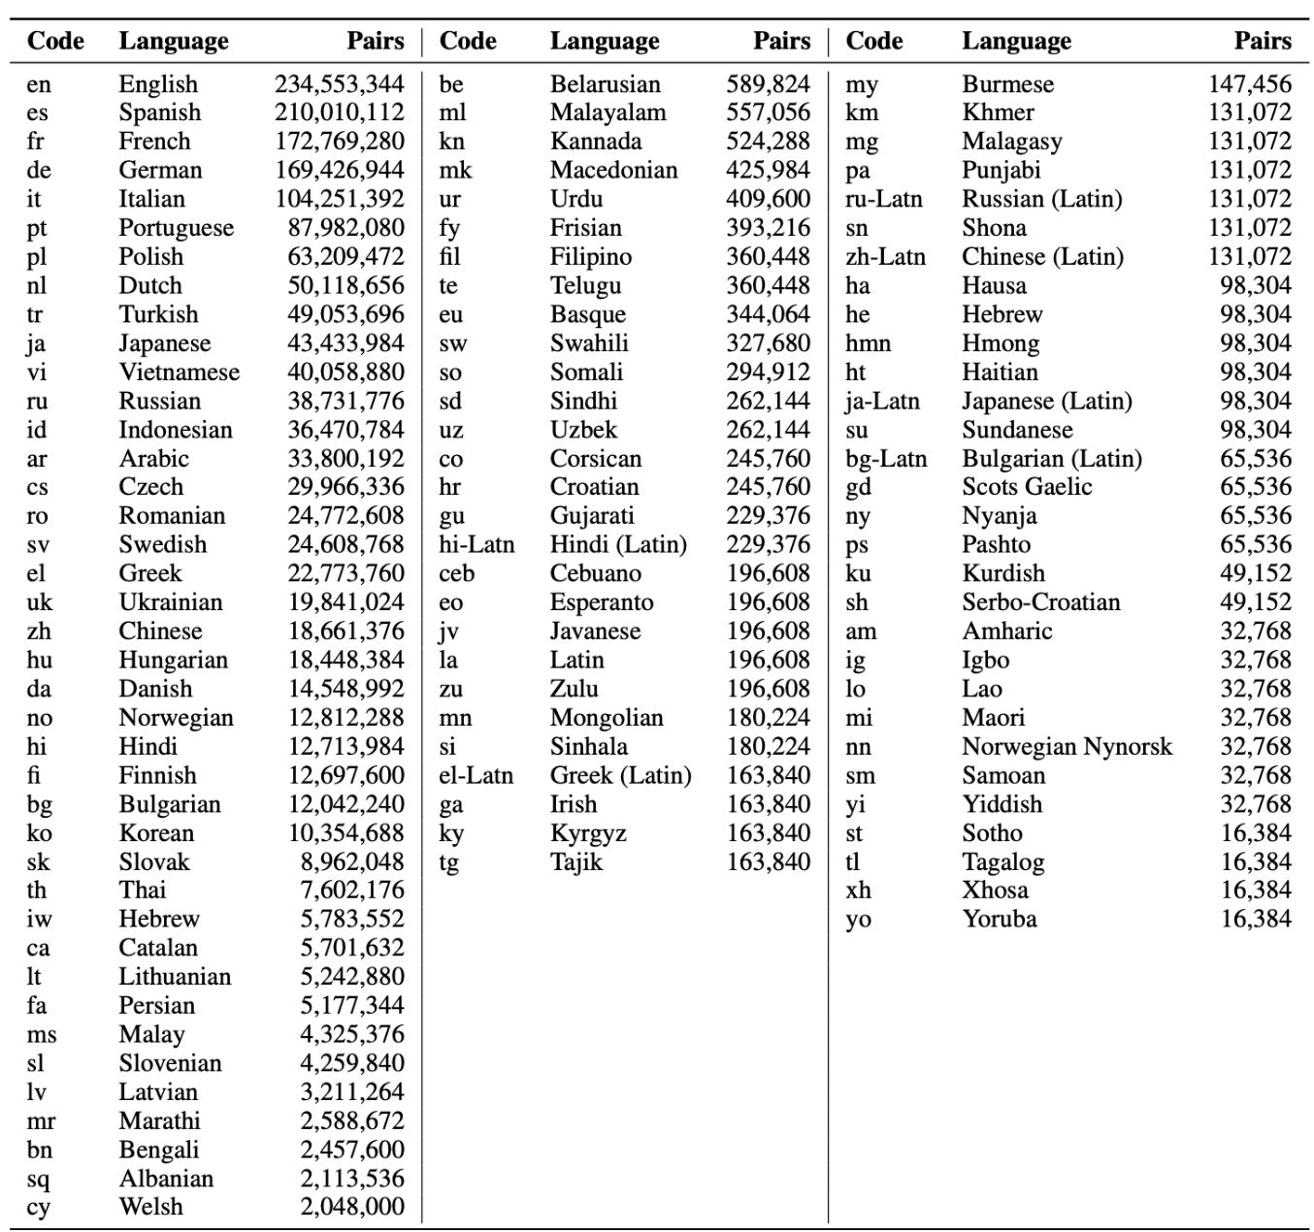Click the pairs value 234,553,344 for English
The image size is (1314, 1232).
click(x=339, y=84)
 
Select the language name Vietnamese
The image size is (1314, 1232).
click(x=179, y=373)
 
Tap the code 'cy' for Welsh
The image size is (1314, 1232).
click(x=38, y=1208)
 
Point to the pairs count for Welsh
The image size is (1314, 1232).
click(x=351, y=1207)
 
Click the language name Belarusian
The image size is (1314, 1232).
click(x=605, y=84)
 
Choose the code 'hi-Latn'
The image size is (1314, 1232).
click(x=476, y=545)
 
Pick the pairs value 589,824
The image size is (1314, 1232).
click(x=768, y=84)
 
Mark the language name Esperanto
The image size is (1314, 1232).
click(x=602, y=602)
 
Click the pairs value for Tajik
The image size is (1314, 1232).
click(x=768, y=862)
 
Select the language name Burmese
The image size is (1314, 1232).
click(x=1007, y=84)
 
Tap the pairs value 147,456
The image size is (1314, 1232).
click(x=1250, y=84)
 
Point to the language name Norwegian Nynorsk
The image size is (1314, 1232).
click(x=1067, y=747)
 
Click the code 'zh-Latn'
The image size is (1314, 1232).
click(x=885, y=257)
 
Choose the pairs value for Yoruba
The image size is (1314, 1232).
click(x=1256, y=920)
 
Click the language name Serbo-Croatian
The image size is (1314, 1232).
click(x=1040, y=602)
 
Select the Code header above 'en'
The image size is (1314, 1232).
click(x=55, y=41)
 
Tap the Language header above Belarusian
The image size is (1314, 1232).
click(x=605, y=41)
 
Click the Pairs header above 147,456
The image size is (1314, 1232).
click(x=1263, y=41)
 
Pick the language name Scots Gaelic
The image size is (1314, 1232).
click(x=1027, y=487)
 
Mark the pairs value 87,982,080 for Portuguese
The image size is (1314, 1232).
click(x=345, y=228)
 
